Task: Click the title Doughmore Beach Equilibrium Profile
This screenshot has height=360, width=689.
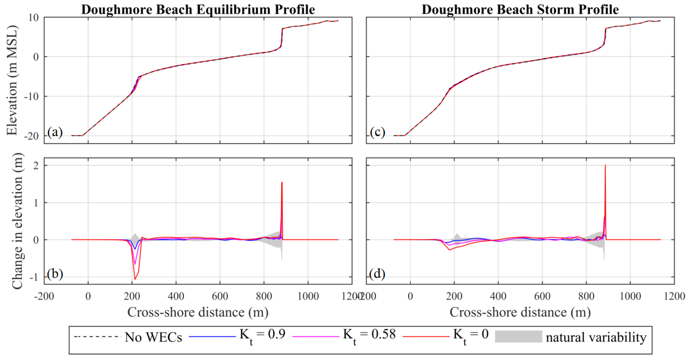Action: (198, 10)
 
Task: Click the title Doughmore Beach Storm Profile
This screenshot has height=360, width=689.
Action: (520, 10)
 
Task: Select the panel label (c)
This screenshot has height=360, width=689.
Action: (377, 132)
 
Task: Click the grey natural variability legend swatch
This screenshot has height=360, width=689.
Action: (518, 337)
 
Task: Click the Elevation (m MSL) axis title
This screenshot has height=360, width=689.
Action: (12, 80)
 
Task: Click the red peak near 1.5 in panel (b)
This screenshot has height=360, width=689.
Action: (282, 183)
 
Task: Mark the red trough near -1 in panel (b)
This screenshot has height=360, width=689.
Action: (135, 279)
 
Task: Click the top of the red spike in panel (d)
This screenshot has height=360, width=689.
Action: (605, 166)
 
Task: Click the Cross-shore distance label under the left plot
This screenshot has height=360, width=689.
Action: (198, 312)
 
